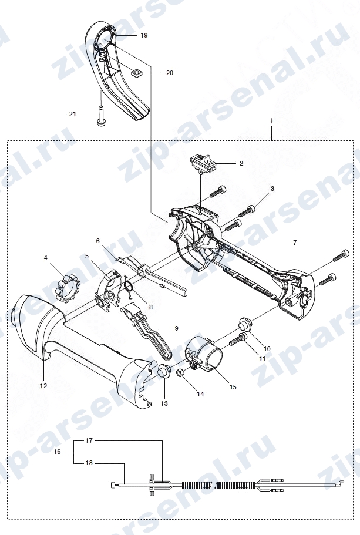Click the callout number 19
click(144, 35)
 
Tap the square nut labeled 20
click(137, 73)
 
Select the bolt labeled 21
click(100, 116)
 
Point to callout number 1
click(272, 120)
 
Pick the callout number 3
click(272, 189)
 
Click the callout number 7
click(295, 243)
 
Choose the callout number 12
click(43, 386)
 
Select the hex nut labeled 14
click(180, 374)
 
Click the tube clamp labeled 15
click(203, 355)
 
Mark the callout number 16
click(58, 452)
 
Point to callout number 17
click(89, 440)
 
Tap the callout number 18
click(89, 463)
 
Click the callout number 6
click(98, 241)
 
